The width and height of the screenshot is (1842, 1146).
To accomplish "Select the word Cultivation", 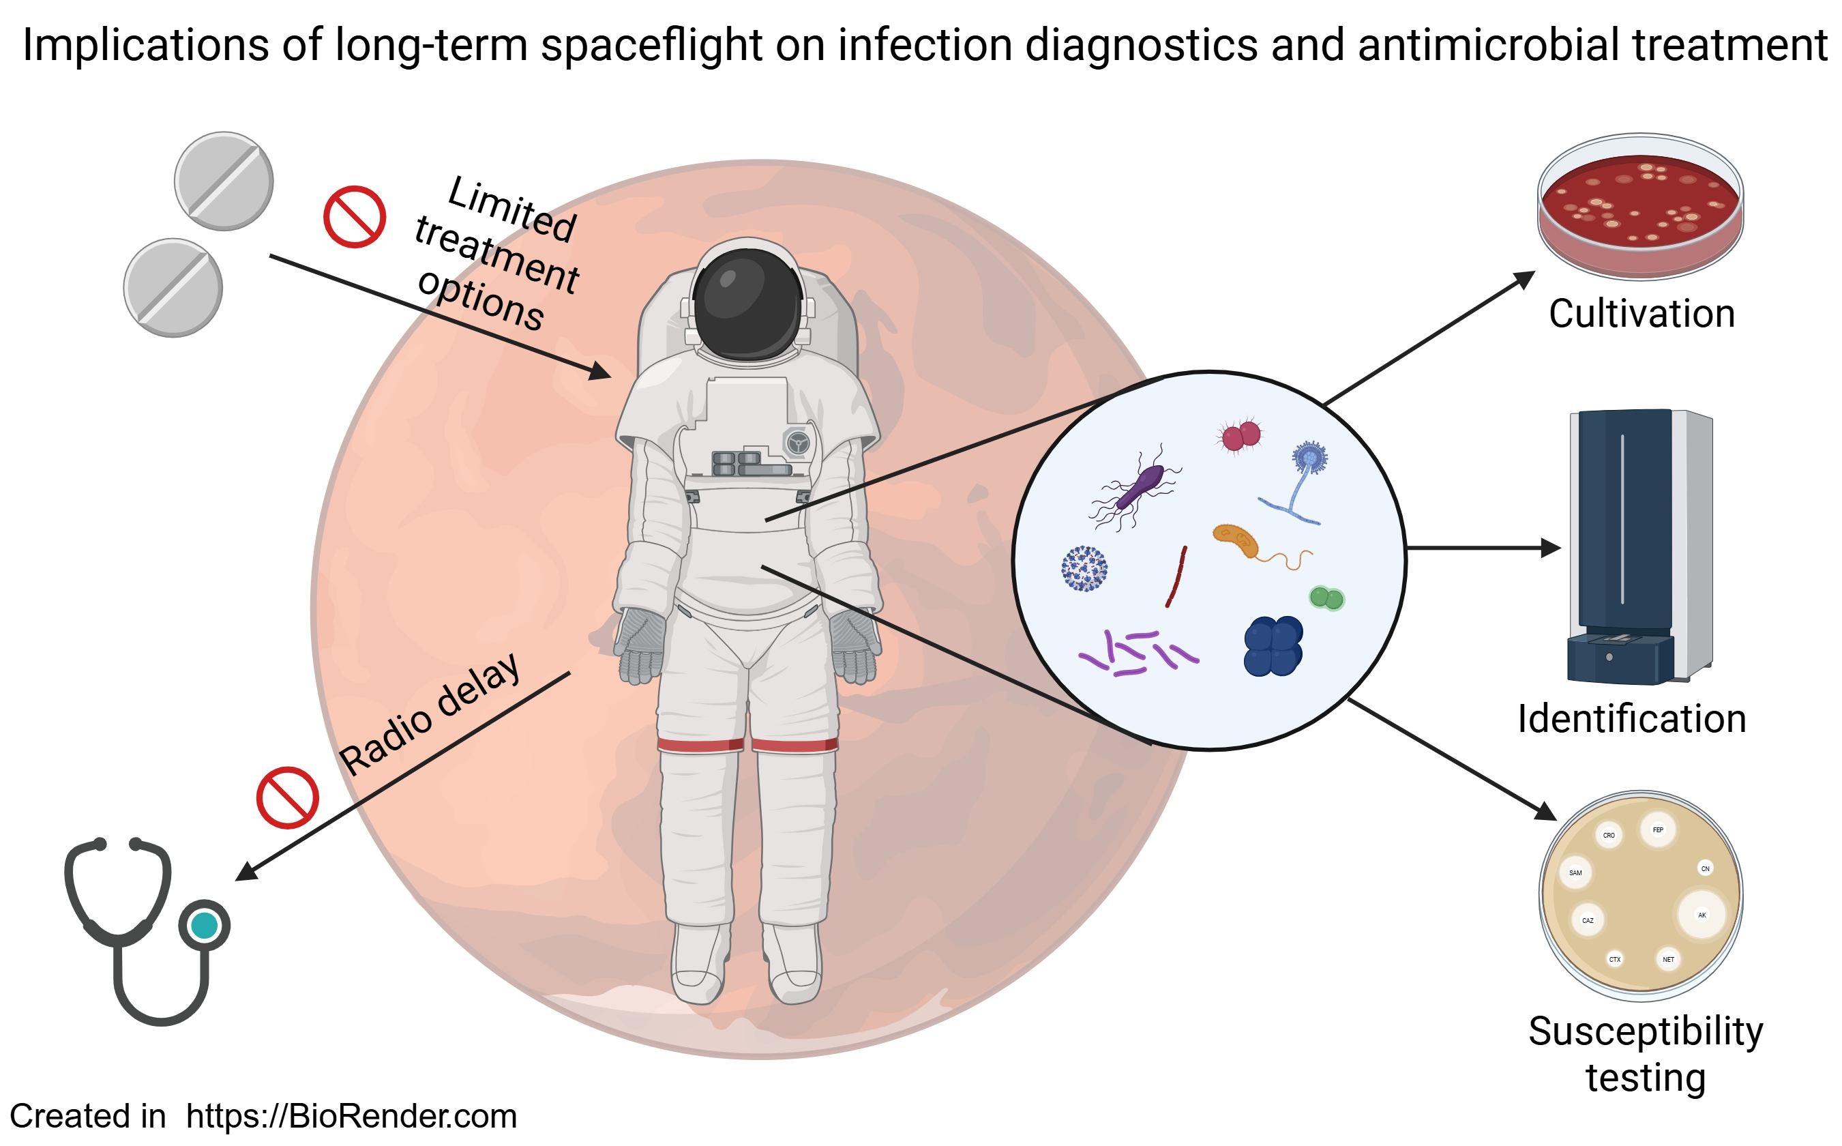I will (x=1642, y=314).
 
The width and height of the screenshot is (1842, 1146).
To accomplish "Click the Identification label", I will (x=1631, y=718).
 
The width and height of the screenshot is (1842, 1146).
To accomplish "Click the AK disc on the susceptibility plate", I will (x=1701, y=915).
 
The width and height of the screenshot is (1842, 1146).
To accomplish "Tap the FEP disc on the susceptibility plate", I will (x=1658, y=830).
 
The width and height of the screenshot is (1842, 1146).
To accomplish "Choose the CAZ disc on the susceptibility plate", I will (x=1588, y=920).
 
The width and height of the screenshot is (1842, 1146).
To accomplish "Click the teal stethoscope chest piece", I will (x=205, y=926).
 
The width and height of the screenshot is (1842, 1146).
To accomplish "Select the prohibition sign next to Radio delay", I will (x=287, y=798).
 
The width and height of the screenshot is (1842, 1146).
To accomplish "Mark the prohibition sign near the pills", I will (x=354, y=217).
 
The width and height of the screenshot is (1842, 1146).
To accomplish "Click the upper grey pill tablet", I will (x=224, y=181).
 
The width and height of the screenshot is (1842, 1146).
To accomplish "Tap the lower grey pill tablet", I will (x=173, y=287).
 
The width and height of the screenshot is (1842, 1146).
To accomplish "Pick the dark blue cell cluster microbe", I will (x=1273, y=645).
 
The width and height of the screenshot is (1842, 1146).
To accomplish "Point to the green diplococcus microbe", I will (x=1326, y=598).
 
